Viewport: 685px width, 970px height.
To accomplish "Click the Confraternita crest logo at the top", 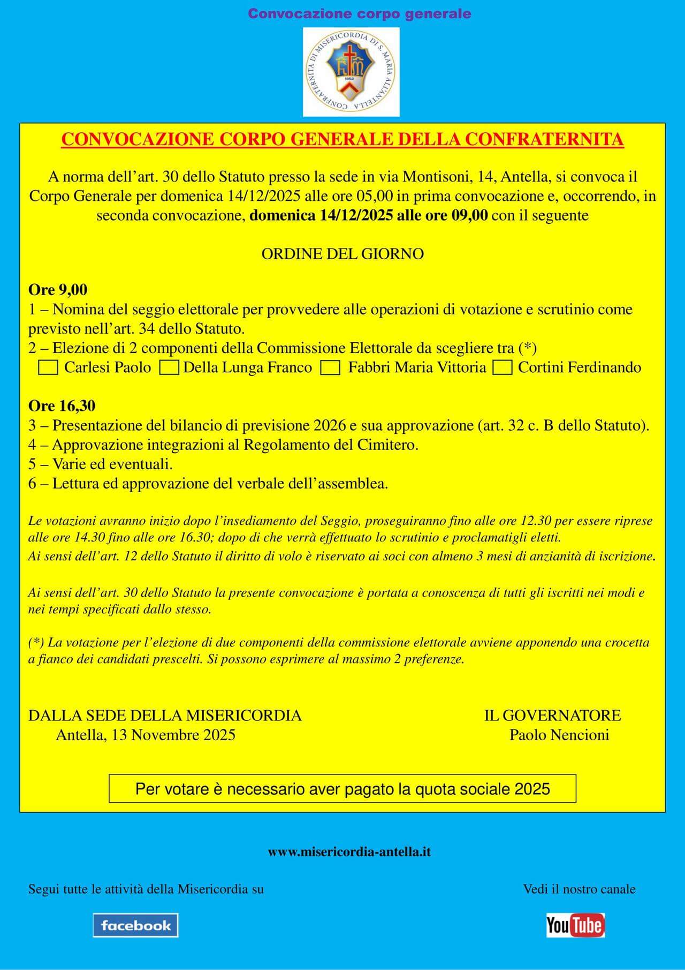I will tap(351, 72).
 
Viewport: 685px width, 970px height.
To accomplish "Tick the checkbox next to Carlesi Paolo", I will tap(48, 368).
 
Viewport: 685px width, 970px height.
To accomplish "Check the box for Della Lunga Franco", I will tap(170, 368).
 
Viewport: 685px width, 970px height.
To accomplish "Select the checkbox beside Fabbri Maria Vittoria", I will tap(330, 368).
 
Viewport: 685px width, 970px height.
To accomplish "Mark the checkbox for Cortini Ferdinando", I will tap(503, 368).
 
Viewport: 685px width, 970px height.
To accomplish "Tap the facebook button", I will tap(135, 925).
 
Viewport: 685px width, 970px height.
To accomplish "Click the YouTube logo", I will tap(575, 925).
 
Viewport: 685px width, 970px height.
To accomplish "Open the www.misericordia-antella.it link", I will tap(349, 852).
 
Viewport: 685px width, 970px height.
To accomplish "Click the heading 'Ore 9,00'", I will tap(58, 290).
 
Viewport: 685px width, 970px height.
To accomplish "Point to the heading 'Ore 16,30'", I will tap(62, 406).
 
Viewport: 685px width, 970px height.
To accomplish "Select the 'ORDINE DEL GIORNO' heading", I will tap(342, 254).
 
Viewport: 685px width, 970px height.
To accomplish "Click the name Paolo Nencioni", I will tap(559, 735).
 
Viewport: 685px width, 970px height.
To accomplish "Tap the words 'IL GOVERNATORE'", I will tap(552, 716).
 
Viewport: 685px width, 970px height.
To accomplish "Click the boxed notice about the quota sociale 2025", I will tap(342, 788).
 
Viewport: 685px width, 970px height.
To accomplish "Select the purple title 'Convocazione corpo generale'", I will tap(360, 13).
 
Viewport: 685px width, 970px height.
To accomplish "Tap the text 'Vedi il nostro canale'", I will tap(579, 889).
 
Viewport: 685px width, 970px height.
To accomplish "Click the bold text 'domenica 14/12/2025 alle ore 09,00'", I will tap(369, 216).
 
